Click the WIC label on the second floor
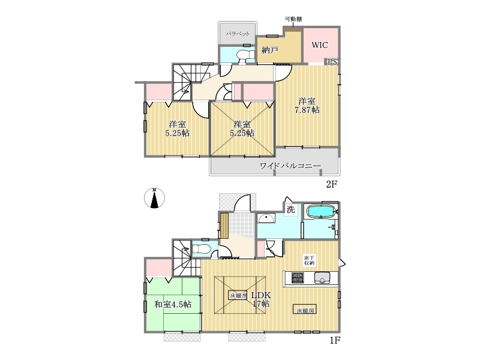[x=320, y=45]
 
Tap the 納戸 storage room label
[x=269, y=50]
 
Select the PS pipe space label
[x=332, y=62]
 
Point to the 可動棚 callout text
[x=293, y=19]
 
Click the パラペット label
[x=238, y=34]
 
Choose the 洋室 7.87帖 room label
[x=307, y=106]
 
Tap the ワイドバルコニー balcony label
[x=290, y=166]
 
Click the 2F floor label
[x=331, y=184]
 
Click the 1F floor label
[x=335, y=340]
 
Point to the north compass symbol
[x=154, y=198]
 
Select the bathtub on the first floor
[x=320, y=212]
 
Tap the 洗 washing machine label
[x=290, y=209]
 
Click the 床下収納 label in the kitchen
[x=308, y=260]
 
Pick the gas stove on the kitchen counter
[x=298, y=278]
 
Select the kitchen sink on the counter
[x=322, y=278]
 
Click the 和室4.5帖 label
[x=173, y=304]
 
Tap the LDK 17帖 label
[x=261, y=299]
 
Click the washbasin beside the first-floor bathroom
[x=266, y=219]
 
